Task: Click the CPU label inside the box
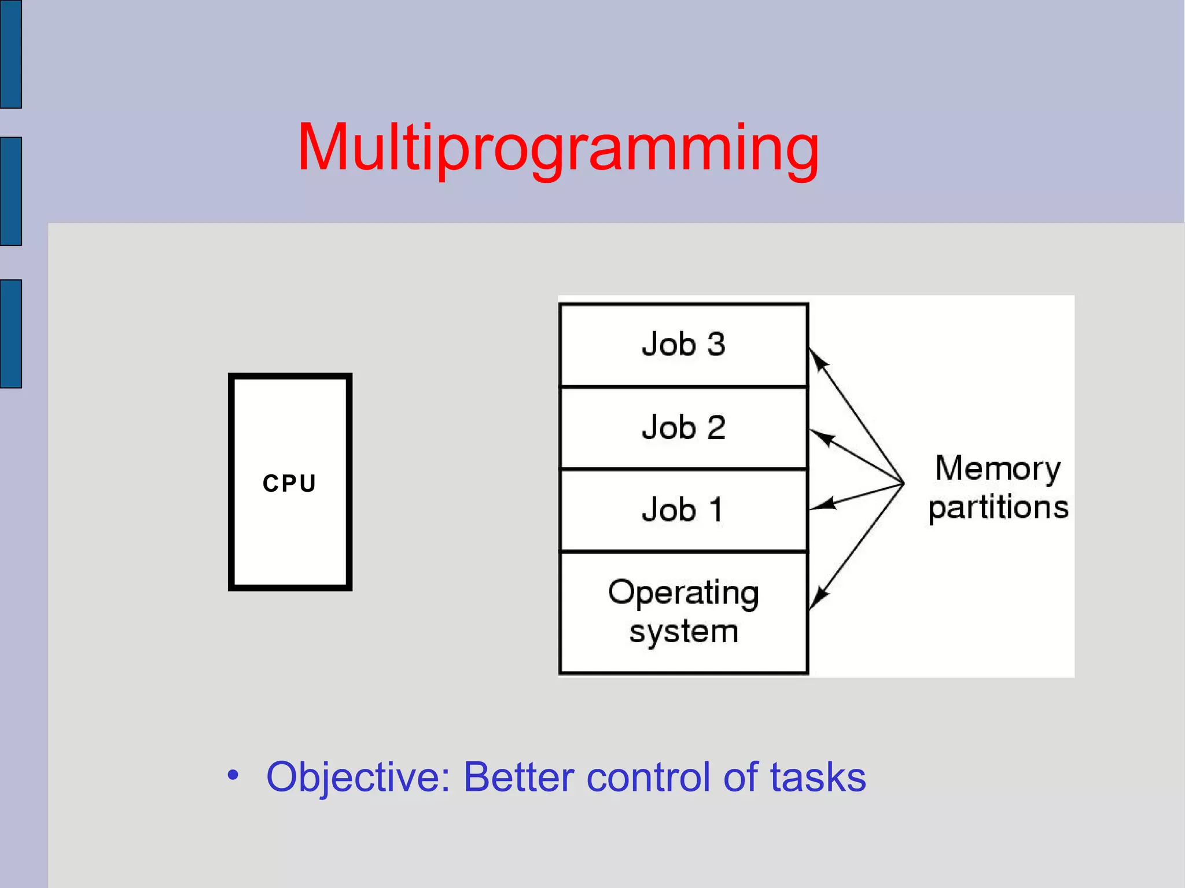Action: (289, 483)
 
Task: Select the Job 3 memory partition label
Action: (683, 344)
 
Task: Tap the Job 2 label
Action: (683, 428)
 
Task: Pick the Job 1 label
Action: (683, 510)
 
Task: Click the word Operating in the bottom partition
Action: (683, 593)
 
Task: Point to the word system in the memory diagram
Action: (683, 631)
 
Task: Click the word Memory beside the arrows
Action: (998, 468)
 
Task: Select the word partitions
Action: (998, 507)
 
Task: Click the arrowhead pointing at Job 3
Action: (818, 359)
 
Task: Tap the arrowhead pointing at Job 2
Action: (821, 437)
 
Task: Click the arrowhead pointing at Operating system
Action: (818, 596)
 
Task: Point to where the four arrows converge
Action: (903, 483)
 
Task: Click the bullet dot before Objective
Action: (233, 775)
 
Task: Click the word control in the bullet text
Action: (647, 777)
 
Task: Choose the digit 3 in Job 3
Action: (716, 344)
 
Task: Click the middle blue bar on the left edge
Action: (11, 191)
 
